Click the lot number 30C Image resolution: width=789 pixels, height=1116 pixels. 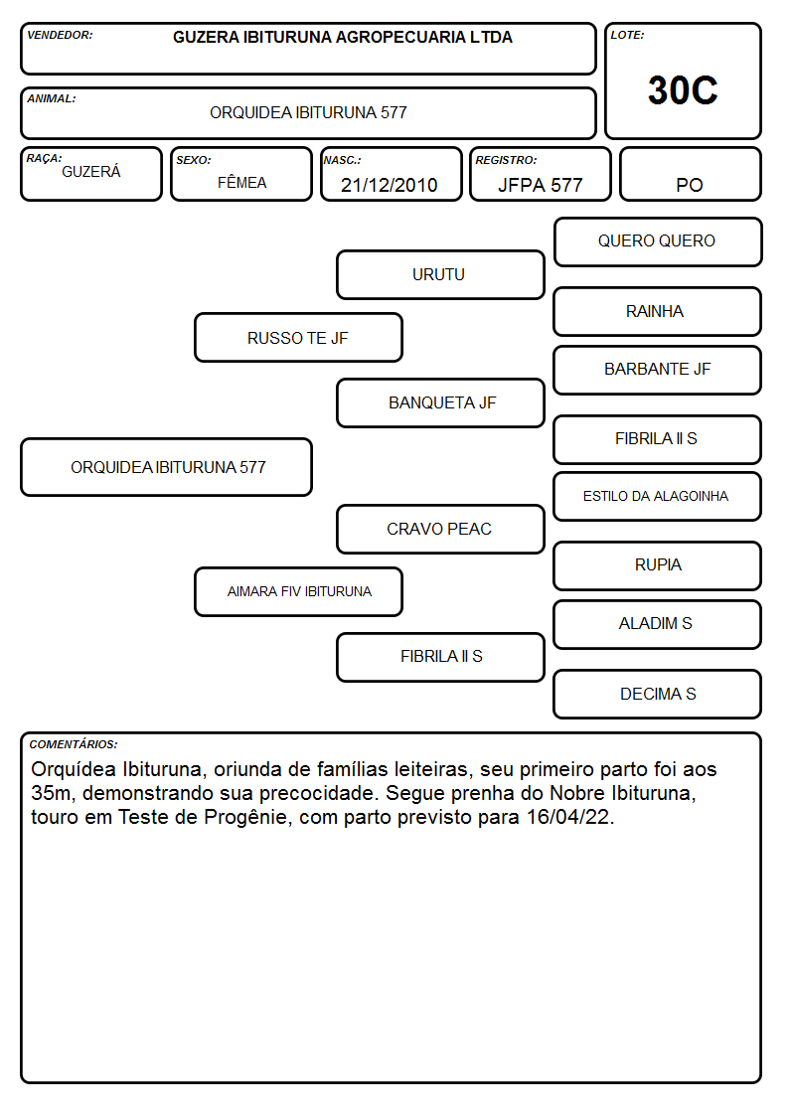(683, 90)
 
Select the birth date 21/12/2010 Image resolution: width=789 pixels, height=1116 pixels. (390, 185)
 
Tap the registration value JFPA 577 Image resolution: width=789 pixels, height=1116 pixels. (540, 185)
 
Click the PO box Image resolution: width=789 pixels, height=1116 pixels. (690, 174)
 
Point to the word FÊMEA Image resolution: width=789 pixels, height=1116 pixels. (241, 182)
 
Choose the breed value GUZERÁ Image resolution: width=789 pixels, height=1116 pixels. (91, 172)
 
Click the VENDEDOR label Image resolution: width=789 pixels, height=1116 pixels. (60, 35)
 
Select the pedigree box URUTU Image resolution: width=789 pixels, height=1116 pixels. (440, 274)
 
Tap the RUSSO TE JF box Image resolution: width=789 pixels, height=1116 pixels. (298, 338)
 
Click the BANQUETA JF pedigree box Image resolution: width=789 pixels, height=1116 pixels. (440, 402)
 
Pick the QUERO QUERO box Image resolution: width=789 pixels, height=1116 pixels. (658, 242)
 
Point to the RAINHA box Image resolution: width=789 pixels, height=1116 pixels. (658, 312)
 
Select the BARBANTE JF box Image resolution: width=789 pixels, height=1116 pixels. (658, 370)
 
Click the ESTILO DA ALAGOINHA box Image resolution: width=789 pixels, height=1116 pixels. (658, 497)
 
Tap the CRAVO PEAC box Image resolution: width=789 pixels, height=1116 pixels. (440, 530)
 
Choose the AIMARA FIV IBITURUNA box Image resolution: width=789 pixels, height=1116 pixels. (298, 592)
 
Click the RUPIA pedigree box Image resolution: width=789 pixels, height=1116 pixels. (658, 565)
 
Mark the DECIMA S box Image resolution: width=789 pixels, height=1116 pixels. (658, 694)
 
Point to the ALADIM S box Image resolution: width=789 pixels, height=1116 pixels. (658, 624)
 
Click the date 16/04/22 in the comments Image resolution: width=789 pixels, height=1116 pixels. (569, 817)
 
